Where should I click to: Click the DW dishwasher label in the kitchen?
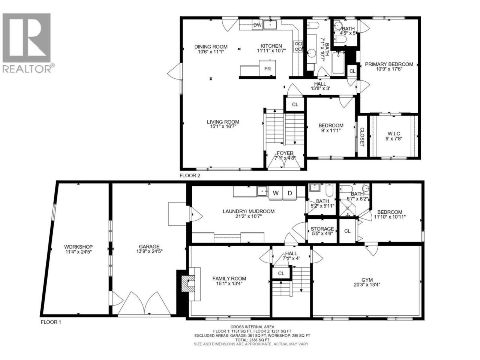[257, 25]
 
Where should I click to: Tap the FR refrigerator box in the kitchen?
[267, 68]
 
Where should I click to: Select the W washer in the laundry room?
[276, 193]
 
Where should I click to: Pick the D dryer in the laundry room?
[290, 193]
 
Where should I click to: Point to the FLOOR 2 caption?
[190, 175]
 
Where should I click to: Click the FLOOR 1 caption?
[51, 322]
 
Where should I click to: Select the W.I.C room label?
[394, 133]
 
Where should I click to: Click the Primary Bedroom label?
[389, 64]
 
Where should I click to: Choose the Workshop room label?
[78, 247]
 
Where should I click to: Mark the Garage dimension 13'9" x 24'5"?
[149, 251]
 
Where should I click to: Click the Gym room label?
[367, 280]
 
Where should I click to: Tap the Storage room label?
[322, 229]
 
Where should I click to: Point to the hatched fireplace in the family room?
[188, 283]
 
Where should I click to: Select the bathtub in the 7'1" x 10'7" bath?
[338, 63]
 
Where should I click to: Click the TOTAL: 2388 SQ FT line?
[252, 340]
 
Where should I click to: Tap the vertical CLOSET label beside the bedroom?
[362, 137]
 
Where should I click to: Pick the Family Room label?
[229, 279]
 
